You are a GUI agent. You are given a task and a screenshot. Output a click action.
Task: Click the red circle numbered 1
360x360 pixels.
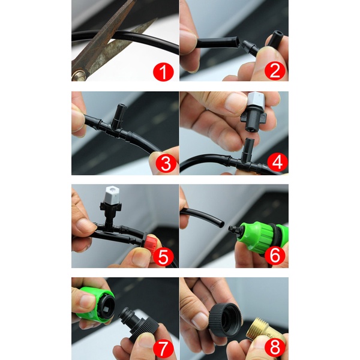[x=163, y=72]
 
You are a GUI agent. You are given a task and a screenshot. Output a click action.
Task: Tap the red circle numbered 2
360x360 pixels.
[x=275, y=71]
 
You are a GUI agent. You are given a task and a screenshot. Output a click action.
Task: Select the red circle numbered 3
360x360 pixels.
[x=166, y=164]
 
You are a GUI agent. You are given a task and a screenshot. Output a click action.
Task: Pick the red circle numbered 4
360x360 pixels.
[x=277, y=163]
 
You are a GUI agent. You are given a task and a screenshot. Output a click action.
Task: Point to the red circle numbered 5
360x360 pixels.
[x=163, y=256]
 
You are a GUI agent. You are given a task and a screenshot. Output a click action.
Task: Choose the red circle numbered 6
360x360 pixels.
[x=275, y=255]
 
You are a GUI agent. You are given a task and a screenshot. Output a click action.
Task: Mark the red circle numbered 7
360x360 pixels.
[x=163, y=349]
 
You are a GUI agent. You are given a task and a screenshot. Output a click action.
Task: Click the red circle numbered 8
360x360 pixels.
[x=275, y=347]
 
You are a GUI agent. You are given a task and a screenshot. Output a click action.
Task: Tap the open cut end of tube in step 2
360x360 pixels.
[x=237, y=42]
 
